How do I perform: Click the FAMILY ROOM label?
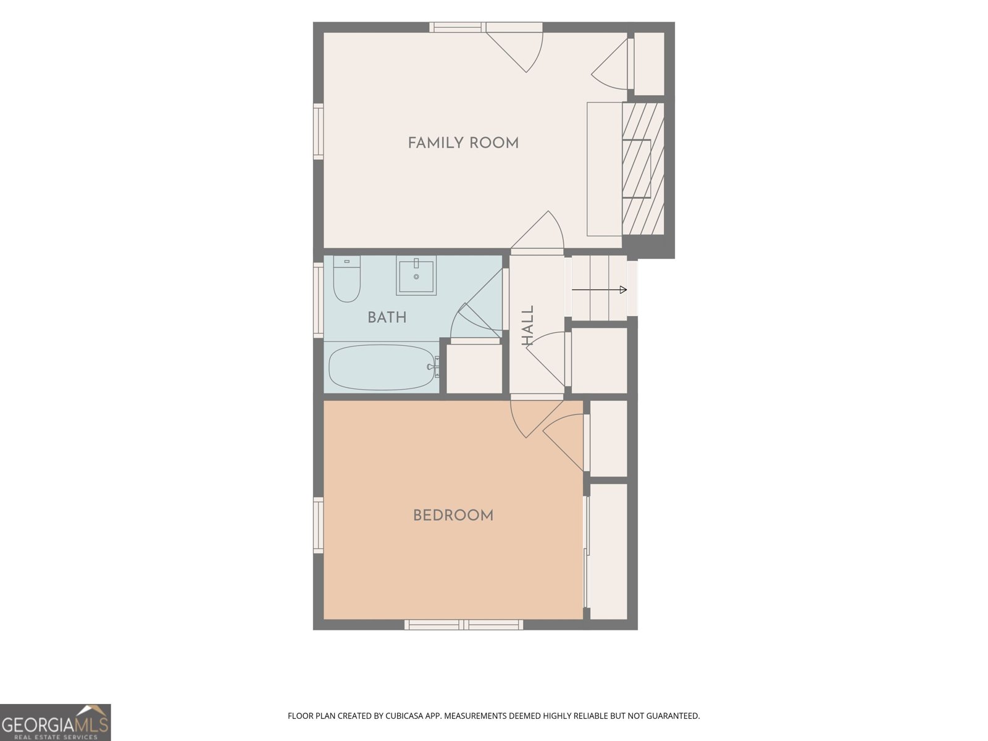pos(463,143)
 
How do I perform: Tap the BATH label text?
pos(387,317)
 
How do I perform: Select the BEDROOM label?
pos(453,516)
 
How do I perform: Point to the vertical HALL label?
pos(527,326)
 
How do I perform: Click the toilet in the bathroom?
pos(346,278)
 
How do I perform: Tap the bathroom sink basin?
pos(416,275)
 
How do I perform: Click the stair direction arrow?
pos(599,290)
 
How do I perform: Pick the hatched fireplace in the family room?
pos(643,169)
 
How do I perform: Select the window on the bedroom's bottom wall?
pos(464,624)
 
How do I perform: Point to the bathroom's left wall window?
pos(318,300)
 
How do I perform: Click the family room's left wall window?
pos(318,132)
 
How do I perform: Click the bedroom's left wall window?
pos(318,525)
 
